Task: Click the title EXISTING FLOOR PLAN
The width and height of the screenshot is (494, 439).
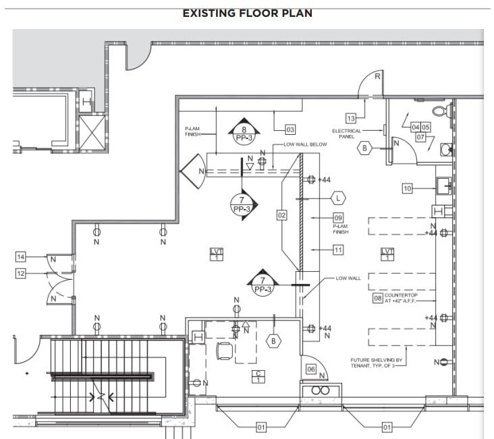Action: (247, 13)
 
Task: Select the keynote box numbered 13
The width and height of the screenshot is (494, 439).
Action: (351, 118)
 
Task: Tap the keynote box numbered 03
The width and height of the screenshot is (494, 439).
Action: (290, 129)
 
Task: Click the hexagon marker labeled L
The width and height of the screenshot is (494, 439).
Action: (338, 198)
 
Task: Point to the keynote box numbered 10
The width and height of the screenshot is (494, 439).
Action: (407, 189)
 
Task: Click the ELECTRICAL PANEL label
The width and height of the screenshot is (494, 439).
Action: (346, 134)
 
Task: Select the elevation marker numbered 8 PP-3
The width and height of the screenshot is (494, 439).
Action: (244, 132)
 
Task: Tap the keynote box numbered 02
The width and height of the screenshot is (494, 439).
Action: (281, 215)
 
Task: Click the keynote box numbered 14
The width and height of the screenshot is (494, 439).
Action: (21, 257)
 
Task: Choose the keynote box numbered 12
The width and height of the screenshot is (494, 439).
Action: (21, 273)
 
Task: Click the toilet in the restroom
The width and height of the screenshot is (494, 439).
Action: (439, 109)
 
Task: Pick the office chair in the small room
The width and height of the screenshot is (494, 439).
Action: (223, 351)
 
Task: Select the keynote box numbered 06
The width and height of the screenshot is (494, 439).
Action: (311, 369)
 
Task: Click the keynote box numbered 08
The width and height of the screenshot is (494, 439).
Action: (377, 297)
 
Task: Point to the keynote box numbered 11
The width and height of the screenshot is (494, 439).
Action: (338, 250)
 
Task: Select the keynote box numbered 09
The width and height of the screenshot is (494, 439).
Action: (338, 217)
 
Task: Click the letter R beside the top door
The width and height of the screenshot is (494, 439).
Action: (377, 77)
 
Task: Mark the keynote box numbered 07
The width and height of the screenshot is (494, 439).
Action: (420, 137)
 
